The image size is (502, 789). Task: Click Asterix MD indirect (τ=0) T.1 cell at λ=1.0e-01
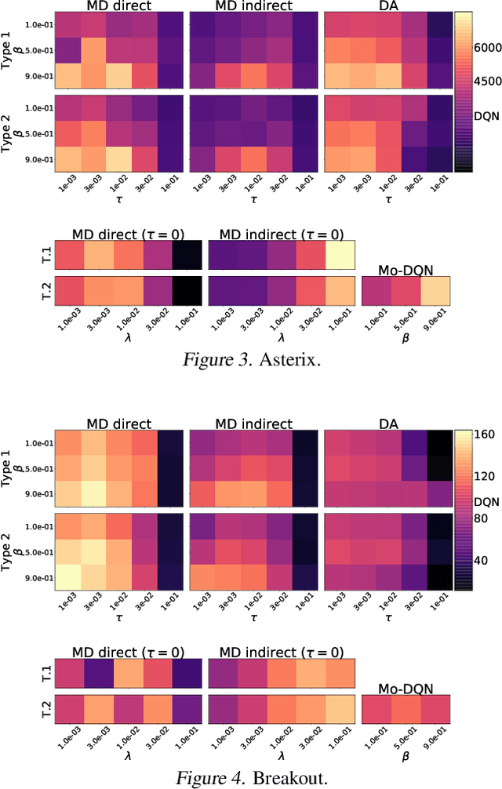[x=339, y=255]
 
